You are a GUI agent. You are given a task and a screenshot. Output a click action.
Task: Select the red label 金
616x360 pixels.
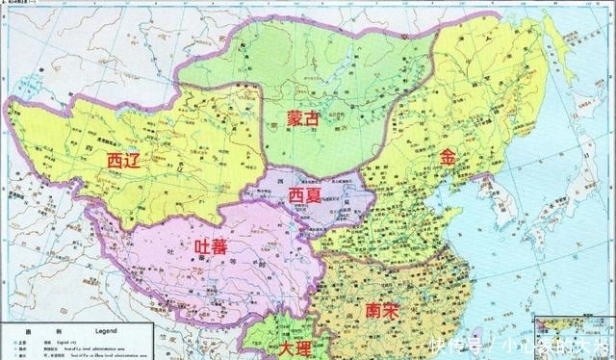pos(448,157)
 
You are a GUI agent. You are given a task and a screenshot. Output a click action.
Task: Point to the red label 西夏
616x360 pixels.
pos(308,194)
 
